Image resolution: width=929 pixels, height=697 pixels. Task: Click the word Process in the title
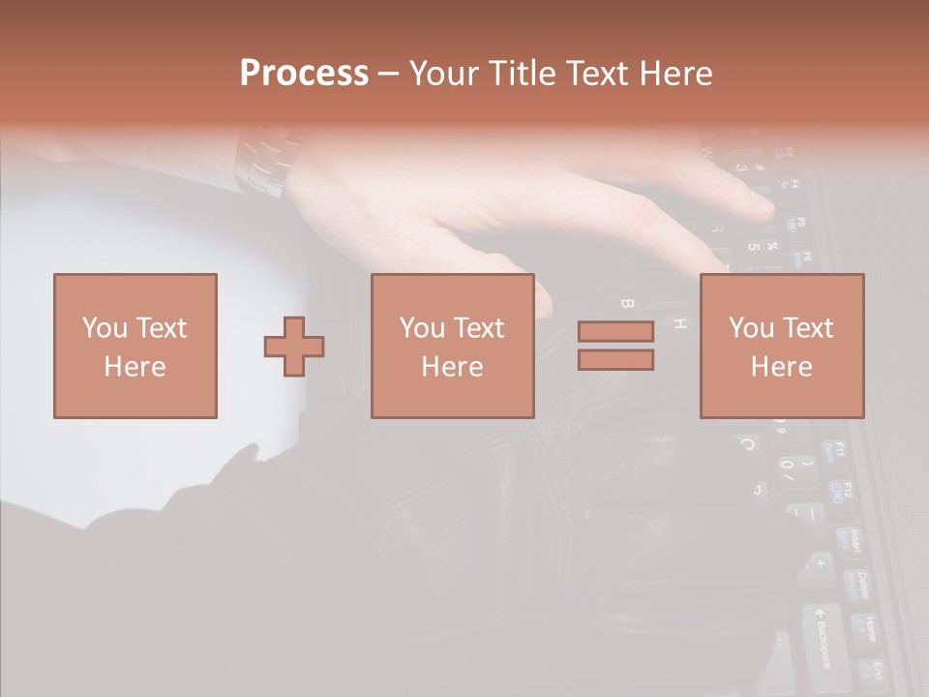[304, 74]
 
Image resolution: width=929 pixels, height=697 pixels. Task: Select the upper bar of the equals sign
[615, 331]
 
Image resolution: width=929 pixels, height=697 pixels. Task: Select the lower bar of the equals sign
[615, 360]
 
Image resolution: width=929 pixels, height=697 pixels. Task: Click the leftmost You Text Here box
[135, 346]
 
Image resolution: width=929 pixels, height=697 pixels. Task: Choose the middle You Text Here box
[453, 346]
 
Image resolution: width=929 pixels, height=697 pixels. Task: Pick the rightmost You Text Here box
[782, 346]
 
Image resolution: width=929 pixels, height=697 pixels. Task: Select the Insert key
[849, 542]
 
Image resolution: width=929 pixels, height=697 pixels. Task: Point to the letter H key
[680, 323]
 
